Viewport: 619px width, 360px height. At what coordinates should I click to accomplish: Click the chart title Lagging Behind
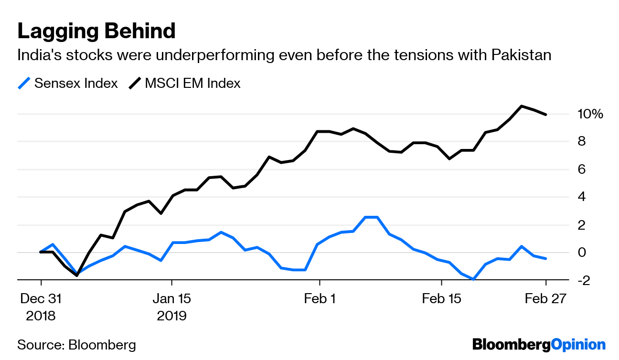pos(96,31)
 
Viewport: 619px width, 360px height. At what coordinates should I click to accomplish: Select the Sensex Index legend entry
pos(68,84)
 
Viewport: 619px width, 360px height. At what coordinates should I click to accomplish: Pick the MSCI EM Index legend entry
pos(185,84)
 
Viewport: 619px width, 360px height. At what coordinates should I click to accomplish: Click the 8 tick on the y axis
pos(581,142)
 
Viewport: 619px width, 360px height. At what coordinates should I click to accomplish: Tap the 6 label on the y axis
pos(581,169)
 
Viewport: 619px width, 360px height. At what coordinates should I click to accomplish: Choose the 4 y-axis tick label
pos(581,197)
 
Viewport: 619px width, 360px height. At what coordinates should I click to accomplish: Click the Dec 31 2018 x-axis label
pos(41,307)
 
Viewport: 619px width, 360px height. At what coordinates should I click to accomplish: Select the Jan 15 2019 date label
pos(172,307)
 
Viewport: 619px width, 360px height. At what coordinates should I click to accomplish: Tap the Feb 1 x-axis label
pos(320,299)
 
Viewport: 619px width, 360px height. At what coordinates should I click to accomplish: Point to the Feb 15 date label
pos(442,299)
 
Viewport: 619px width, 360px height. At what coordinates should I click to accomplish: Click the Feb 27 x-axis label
pos(545,299)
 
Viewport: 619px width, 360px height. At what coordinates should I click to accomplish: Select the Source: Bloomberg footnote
pos(76,345)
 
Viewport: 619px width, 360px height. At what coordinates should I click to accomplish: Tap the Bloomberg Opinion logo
pos(539,345)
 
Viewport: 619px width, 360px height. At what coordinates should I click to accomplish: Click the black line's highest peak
pos(522,106)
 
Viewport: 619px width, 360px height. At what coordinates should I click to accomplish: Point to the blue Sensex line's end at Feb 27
pos(546,258)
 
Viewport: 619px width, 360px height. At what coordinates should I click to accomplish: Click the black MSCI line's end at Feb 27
pos(546,115)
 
